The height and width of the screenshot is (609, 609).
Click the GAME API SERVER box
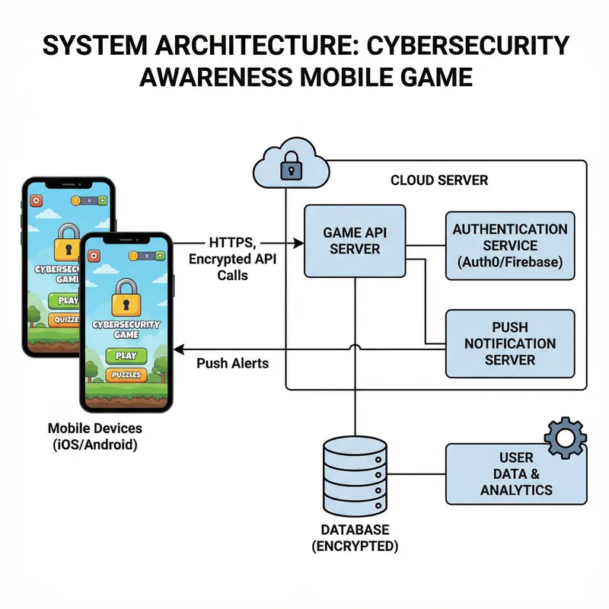coord(355,241)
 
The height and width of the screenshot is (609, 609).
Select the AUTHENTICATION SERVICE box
coord(509,246)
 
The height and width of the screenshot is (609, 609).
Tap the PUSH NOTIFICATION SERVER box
coord(509,343)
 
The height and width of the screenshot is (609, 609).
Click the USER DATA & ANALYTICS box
coord(515,473)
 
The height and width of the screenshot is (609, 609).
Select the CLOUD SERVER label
coord(439,180)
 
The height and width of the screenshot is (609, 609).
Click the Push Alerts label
coord(232,363)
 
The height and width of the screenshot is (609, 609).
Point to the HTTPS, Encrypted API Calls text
coord(232,257)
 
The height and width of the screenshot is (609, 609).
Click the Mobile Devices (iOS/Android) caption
coord(94,435)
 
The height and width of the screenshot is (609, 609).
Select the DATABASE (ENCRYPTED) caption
coord(355,537)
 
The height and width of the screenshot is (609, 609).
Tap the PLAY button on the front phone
coord(126,356)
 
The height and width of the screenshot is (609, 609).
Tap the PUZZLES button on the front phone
coord(126,375)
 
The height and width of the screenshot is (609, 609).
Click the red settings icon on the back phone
coord(36,201)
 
